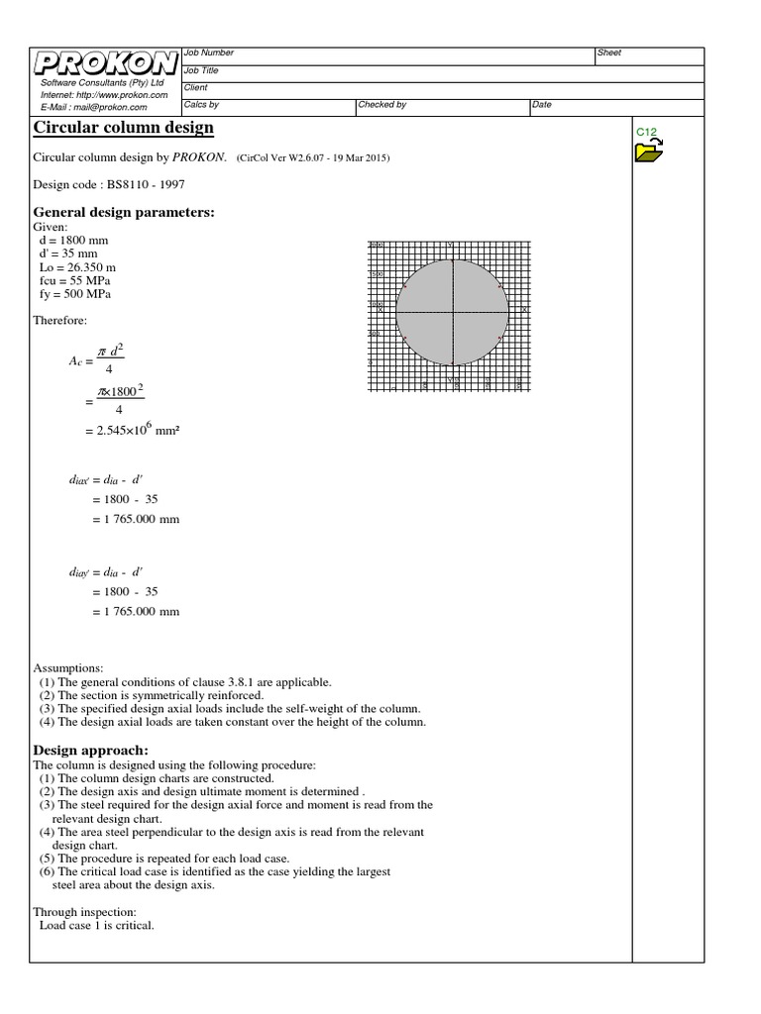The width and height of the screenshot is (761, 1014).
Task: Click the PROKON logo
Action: pos(105,63)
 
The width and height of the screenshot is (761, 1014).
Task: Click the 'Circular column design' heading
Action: pos(123,129)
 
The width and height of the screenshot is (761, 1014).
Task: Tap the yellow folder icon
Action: pos(649,151)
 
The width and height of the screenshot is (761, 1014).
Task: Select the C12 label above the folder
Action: pos(646,132)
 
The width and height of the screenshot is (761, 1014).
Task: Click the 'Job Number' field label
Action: pos(209,52)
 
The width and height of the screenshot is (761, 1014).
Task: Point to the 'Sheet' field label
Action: pos(609,52)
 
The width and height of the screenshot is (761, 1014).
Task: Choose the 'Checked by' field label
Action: pos(382,104)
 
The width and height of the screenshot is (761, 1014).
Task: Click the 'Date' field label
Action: pos(542,104)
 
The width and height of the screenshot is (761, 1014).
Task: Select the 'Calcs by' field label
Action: pos(202,104)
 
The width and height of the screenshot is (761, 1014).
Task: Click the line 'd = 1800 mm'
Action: pos(71,239)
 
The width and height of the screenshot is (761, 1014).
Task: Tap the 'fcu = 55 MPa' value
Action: pos(75,280)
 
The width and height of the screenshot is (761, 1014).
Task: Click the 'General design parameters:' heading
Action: pos(124,212)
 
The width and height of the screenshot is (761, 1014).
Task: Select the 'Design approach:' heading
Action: pos(90,750)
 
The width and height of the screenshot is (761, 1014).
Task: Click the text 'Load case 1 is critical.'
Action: pos(96,926)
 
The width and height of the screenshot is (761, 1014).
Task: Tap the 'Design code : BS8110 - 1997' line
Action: pos(109,184)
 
